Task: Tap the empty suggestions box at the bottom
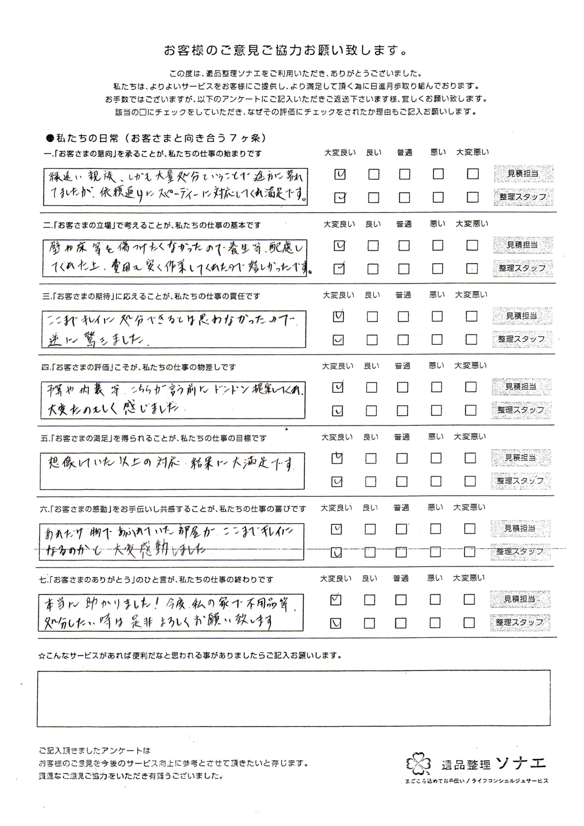point(293,698)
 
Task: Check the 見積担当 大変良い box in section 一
point(340,174)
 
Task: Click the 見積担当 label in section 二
point(522,245)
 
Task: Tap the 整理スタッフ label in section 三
point(521,339)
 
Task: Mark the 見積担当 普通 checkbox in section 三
point(403,316)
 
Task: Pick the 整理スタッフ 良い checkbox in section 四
point(372,410)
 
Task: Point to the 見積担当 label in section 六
point(520,528)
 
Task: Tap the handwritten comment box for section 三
point(173,327)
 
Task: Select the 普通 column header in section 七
point(400,579)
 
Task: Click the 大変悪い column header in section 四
point(471,366)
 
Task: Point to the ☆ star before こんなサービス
point(41,656)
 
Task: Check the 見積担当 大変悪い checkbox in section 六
point(470,529)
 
